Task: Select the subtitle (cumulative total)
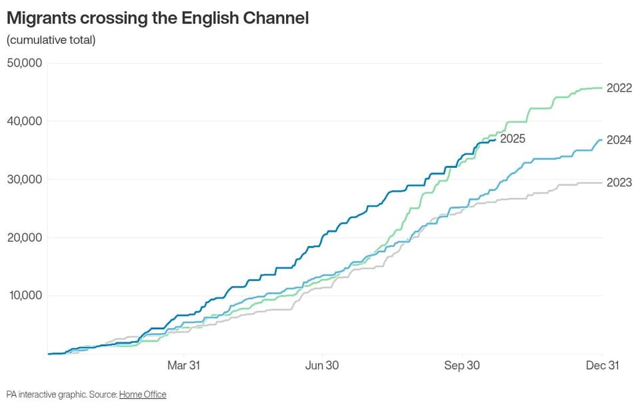[51, 40]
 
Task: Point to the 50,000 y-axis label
[25, 63]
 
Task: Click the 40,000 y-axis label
[25, 121]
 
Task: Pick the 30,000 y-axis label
[25, 179]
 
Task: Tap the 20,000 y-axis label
[25, 237]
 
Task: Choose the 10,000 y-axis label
[25, 295]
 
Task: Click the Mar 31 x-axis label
[184, 365]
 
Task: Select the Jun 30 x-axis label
[322, 365]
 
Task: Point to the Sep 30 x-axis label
[461, 365]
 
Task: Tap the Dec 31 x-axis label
[603, 365]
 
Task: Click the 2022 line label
[619, 88]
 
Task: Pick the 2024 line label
[619, 140]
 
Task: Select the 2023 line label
[619, 183]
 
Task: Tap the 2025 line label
[513, 139]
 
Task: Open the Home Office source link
[143, 395]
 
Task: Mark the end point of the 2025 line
[495, 141]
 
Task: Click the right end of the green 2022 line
[602, 88]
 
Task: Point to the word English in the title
[210, 19]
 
